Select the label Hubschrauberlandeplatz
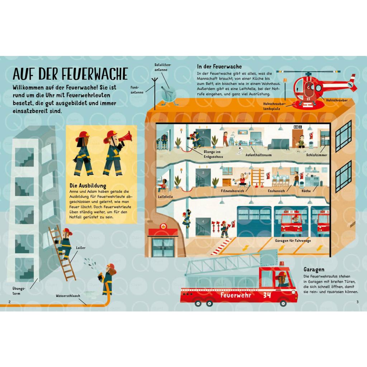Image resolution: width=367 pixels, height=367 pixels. click(274, 106)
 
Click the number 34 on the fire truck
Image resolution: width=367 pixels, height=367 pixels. click(267, 295)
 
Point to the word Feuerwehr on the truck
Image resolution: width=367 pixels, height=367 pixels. click(236, 295)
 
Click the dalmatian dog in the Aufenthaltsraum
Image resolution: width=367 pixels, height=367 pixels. click(239, 151)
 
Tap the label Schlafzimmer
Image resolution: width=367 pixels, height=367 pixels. click(316, 155)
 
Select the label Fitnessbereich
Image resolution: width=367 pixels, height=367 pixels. click(232, 191)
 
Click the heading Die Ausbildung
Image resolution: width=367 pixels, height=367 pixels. click(88, 186)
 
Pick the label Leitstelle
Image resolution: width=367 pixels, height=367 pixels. click(165, 197)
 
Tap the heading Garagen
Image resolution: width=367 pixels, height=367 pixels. click(314, 270)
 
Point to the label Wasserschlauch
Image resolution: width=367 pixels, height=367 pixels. click(68, 296)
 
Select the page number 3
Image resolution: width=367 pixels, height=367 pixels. click(357, 302)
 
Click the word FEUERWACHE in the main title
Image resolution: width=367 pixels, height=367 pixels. click(95, 74)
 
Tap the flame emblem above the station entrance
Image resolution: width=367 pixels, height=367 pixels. click(163, 227)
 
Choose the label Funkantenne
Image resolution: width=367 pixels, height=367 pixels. click(137, 90)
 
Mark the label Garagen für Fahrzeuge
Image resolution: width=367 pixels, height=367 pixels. click(293, 240)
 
